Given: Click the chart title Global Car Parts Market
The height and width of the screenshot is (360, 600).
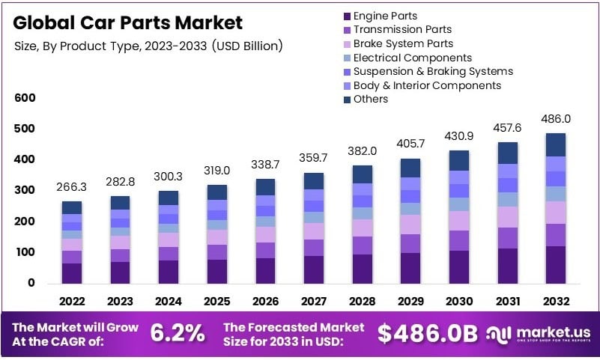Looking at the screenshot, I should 127,22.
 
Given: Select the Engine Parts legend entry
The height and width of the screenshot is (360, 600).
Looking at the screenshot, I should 385,16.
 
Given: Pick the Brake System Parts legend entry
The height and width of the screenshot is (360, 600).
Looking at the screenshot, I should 403,43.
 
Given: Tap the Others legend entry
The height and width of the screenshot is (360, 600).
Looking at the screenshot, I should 370,99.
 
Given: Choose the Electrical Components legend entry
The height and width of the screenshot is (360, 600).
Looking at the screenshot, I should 412,58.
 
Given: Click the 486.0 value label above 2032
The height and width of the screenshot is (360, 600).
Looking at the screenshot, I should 557,119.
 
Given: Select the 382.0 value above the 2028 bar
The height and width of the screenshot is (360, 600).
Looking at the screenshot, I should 363,150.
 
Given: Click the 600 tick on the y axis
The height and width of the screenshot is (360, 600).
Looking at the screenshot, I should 25,98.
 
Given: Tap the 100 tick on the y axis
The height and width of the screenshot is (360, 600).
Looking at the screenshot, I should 25,252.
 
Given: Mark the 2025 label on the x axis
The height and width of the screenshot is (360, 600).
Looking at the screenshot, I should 217,301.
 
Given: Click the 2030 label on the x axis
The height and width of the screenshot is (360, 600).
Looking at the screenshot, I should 459,301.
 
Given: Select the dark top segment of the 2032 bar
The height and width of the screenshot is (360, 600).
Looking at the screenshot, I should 556,144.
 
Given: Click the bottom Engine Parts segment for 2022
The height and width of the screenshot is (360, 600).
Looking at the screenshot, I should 72,273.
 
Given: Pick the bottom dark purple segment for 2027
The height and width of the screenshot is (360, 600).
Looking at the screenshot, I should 314,269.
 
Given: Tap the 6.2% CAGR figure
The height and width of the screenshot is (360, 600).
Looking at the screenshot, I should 178,335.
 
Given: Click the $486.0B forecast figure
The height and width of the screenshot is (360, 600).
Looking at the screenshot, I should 427,335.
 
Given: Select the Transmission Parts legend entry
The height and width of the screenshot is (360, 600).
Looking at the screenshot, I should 402,30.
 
